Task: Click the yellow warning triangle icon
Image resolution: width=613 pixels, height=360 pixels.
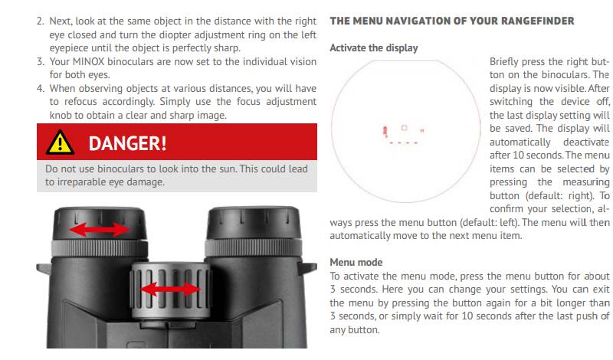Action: point(60,142)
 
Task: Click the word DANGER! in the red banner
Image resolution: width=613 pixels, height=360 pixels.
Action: point(127,143)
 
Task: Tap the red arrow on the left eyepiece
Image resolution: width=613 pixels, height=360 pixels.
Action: point(100,230)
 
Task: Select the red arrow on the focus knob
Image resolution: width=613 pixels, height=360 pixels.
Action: point(170,290)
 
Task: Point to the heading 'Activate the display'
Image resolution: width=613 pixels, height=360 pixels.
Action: point(374,47)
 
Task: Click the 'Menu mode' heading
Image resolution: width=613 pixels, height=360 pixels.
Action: point(356,262)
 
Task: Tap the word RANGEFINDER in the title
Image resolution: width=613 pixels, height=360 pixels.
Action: point(538,21)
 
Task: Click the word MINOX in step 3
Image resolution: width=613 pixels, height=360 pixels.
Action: point(88,62)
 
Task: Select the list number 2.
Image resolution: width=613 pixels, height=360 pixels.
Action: point(41,21)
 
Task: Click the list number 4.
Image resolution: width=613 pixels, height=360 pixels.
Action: point(41,88)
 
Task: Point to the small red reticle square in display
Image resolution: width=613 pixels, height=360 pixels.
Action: point(405,128)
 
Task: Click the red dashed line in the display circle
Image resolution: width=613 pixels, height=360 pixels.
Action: point(404,143)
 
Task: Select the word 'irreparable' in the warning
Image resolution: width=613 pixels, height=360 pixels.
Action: point(80,182)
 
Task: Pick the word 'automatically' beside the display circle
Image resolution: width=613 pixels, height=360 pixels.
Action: point(520,142)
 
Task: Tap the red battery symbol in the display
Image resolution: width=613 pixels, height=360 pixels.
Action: point(385,131)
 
